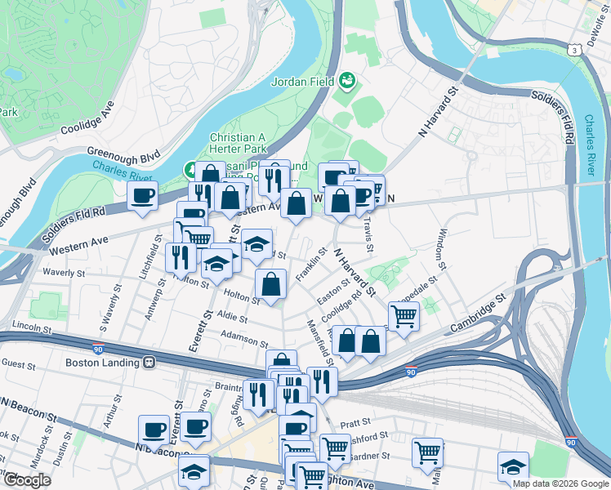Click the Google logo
26,479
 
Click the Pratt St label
355,423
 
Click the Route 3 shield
577,51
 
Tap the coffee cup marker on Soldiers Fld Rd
143,196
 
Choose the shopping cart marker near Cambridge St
404,315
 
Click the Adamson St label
243,335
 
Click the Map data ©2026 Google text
560,483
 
